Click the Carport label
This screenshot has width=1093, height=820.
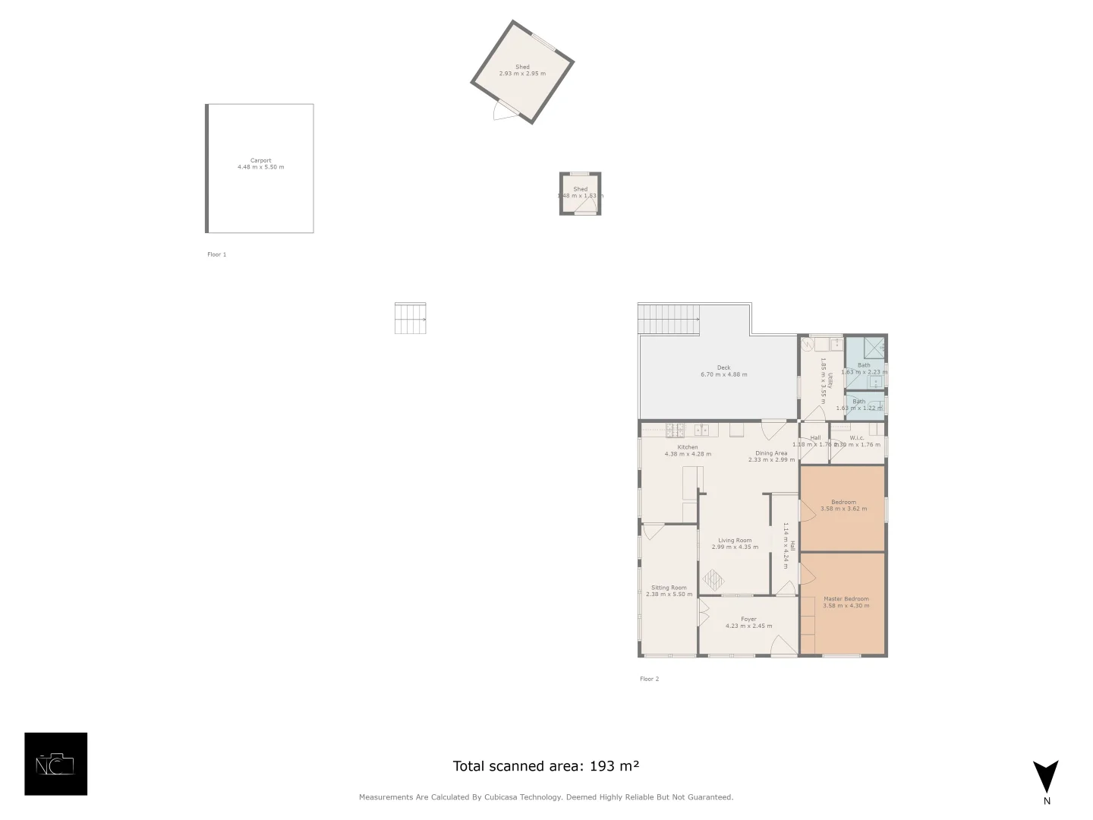coord(260,160)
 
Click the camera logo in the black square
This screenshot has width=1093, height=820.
coord(55,764)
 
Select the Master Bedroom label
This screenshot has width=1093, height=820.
coord(846,599)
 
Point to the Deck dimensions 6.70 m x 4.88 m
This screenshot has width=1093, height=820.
coord(723,374)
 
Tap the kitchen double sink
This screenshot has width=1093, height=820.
coord(701,430)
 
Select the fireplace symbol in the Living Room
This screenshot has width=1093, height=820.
coord(713,581)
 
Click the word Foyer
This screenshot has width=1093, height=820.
coord(748,619)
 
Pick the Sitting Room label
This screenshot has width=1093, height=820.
coord(669,588)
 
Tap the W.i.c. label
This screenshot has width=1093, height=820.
coord(857,438)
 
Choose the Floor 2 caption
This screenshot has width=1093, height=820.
coord(649,679)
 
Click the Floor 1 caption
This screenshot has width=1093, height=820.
coord(216,254)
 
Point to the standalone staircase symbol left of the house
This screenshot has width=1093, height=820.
coord(410,318)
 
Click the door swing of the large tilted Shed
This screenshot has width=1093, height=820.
coord(503,112)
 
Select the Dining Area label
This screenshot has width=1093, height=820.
coord(771,453)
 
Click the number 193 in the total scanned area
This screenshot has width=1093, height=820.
coord(601,766)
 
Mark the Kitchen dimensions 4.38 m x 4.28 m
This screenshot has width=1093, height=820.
coord(688,454)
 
